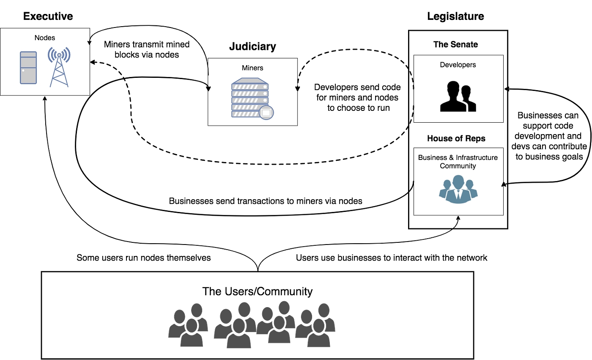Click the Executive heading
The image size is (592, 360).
click(48, 16)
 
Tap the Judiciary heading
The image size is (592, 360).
click(252, 47)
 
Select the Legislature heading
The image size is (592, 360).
click(455, 16)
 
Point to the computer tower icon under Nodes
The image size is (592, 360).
click(28, 68)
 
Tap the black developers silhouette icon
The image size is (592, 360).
click(458, 96)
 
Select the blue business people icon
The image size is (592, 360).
click(458, 189)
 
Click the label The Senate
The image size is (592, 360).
click(455, 44)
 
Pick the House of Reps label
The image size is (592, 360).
click(456, 138)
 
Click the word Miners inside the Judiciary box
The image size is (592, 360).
click(252, 68)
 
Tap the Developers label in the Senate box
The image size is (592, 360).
click(458, 65)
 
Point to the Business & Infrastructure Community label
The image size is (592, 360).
click(458, 162)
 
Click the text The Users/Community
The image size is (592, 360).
click(258, 291)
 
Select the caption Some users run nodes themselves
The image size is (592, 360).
click(144, 258)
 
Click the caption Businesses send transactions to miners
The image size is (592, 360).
click(266, 201)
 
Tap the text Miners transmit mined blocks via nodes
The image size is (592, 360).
click(147, 49)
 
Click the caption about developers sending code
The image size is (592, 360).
click(358, 98)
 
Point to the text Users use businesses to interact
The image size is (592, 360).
click(392, 258)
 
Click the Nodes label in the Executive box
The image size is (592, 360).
click(45, 38)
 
